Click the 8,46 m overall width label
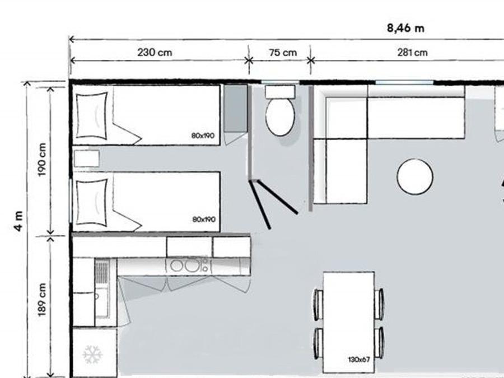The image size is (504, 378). pos(405,28)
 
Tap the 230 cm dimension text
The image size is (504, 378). pos(155,52)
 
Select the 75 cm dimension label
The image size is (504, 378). pos(283,53)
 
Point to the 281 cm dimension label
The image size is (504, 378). pos(412,53)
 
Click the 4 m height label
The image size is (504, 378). pos(18,221)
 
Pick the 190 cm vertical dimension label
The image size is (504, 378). pos(42,160)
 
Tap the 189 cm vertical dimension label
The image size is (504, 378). pos(42,300)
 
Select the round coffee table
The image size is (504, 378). pos(414,177)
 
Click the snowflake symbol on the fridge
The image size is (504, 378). pos(92,354)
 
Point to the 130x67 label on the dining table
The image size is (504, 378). pos(359,360)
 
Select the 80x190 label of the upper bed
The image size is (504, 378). pos(203,136)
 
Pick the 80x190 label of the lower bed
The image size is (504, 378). pos(204,220)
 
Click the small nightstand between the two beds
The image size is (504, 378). pos(86,158)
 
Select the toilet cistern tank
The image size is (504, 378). pos(280,92)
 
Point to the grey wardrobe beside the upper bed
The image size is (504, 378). pos(236,108)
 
